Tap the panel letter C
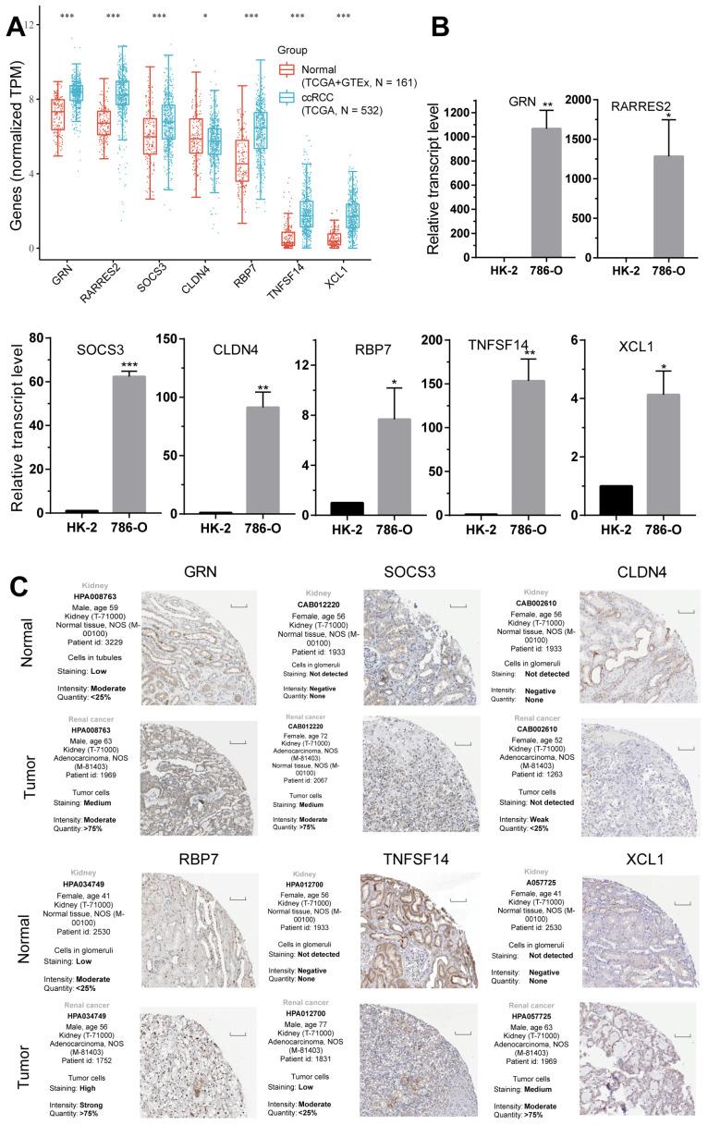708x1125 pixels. (x=17, y=584)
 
